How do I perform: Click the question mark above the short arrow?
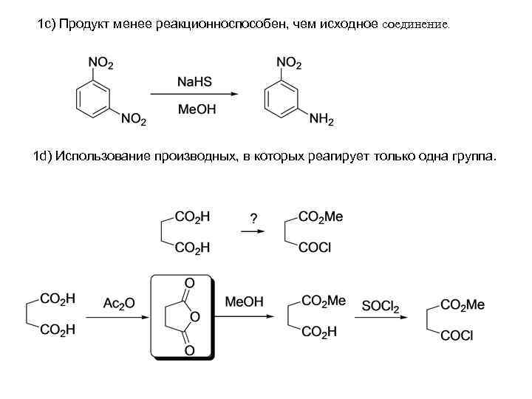[253, 218]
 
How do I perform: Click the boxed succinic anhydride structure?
[182, 316]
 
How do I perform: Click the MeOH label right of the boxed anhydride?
[244, 303]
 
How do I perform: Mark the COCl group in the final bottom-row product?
[457, 336]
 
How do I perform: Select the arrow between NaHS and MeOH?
[194, 95]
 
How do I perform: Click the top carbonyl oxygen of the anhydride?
[188, 283]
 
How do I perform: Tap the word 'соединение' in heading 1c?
[415, 24]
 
